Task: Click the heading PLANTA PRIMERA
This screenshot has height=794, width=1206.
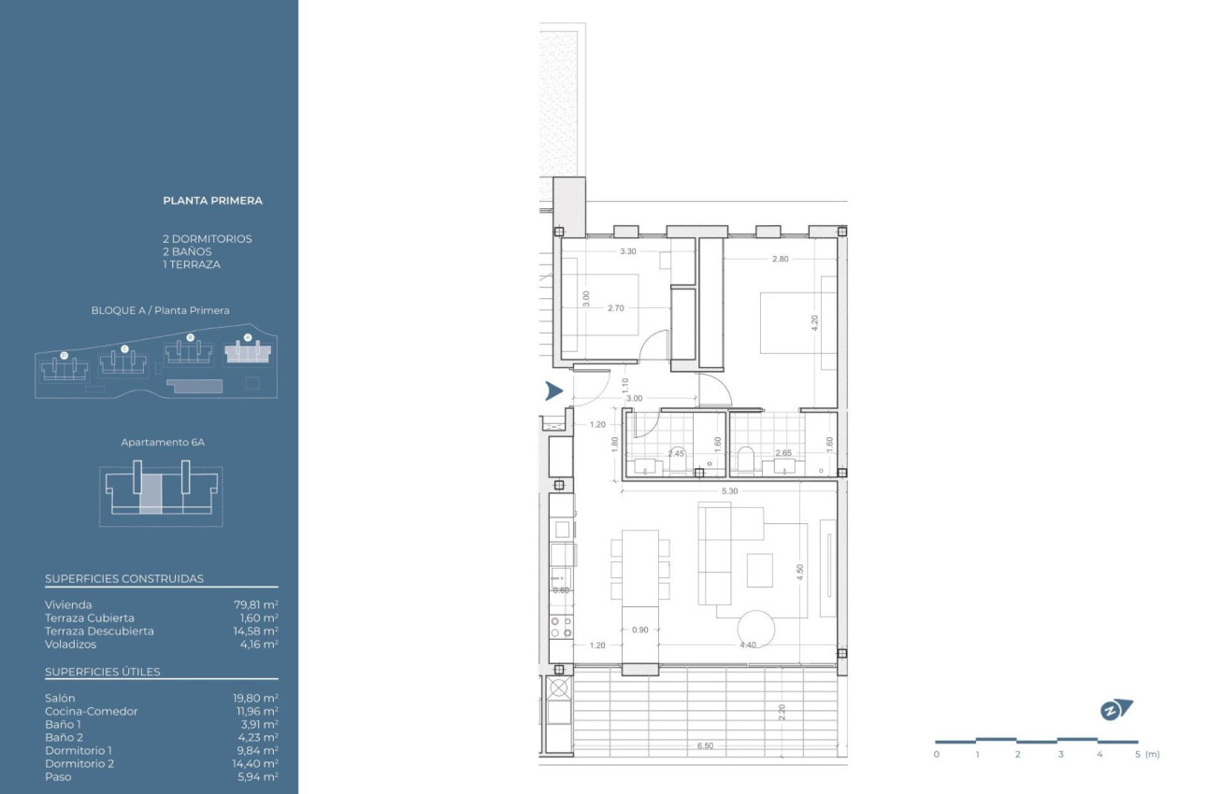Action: [x=212, y=200]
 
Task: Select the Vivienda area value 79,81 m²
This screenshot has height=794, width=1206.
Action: [x=255, y=604]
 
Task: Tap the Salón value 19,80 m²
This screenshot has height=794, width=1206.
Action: [x=255, y=698]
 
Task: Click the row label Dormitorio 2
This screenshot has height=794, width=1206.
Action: [x=79, y=763]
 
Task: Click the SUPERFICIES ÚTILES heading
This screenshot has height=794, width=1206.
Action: [x=103, y=672]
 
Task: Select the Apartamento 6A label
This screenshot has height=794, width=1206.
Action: [x=163, y=442]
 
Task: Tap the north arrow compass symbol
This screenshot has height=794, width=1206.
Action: [x=1114, y=710]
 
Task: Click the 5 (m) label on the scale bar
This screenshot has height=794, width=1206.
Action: [x=1144, y=754]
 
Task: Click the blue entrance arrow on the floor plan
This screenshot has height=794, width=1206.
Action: [x=553, y=391]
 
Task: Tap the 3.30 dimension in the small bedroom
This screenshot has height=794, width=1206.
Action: [x=628, y=251]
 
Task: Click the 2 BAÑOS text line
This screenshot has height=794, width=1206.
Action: [x=187, y=251]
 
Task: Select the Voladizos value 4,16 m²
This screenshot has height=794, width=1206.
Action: [x=258, y=644]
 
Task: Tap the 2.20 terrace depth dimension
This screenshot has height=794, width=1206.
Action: [x=782, y=713]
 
